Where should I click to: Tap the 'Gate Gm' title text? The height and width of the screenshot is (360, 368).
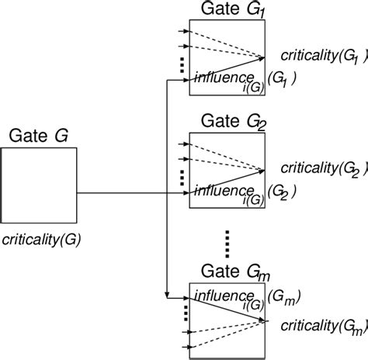230,272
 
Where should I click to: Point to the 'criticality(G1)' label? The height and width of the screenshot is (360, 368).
315,57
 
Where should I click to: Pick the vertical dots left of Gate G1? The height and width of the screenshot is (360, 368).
182,67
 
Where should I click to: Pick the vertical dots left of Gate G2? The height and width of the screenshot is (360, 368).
182,178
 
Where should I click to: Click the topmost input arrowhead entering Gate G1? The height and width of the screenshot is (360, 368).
187,32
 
